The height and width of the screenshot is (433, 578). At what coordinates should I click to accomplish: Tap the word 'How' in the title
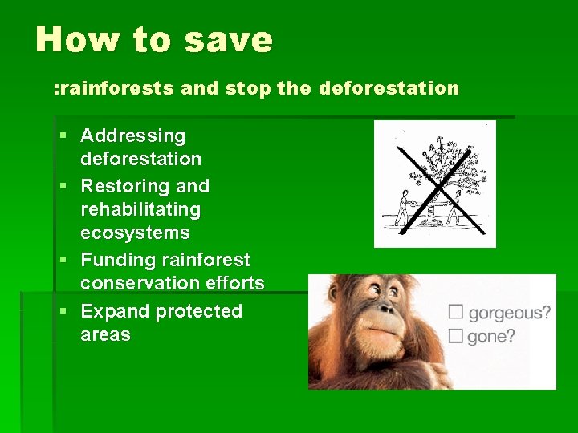(71, 39)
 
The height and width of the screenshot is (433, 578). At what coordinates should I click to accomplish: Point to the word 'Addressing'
(132, 136)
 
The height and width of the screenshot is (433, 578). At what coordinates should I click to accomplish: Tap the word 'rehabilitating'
(140, 209)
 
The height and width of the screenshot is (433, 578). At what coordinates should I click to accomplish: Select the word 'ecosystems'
(135, 233)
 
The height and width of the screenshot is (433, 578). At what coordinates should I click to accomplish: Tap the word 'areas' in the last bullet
(105, 334)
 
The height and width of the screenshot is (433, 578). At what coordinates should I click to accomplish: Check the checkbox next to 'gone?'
(456, 335)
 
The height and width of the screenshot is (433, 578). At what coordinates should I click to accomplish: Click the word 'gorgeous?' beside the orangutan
(510, 313)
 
